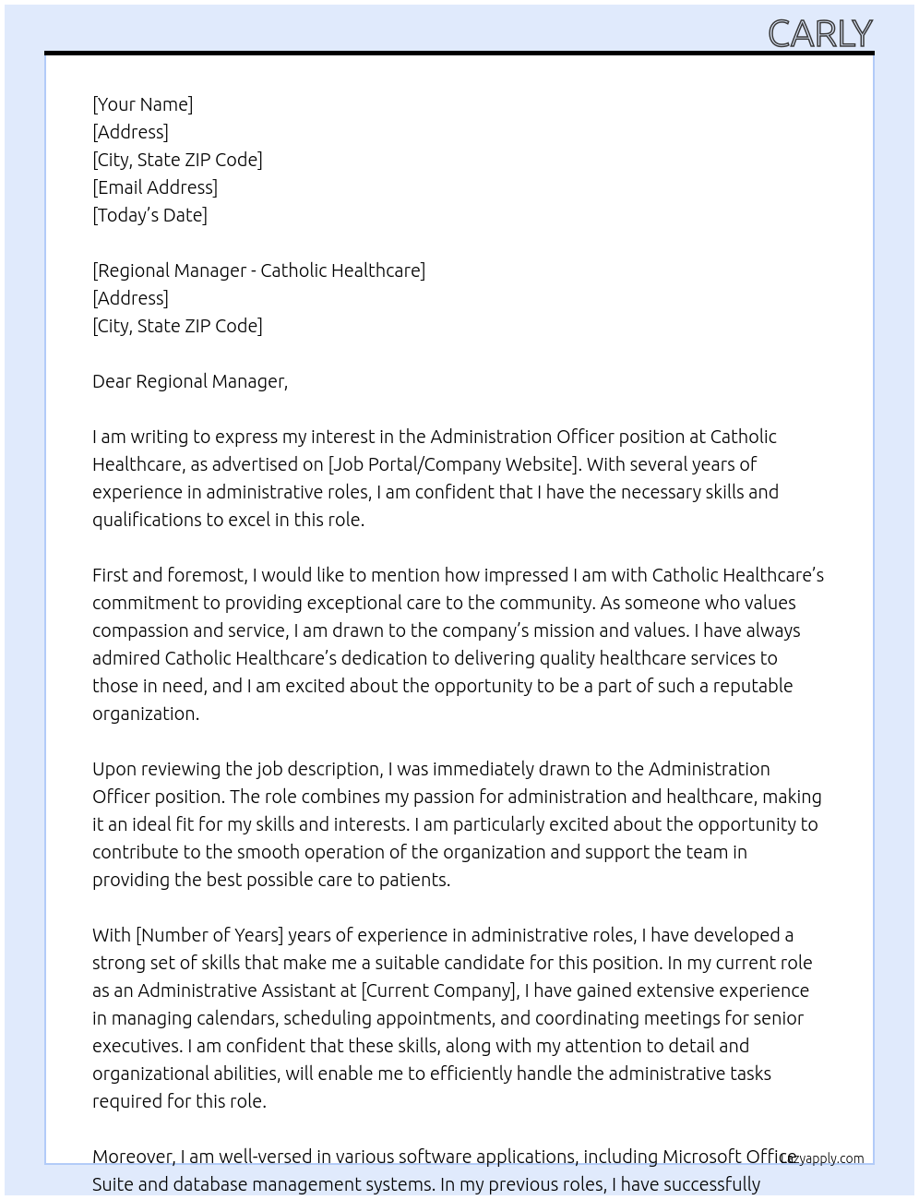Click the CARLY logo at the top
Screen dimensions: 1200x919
819,33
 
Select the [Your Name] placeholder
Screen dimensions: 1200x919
142,104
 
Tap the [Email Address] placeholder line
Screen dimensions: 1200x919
155,187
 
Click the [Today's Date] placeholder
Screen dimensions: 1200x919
149,215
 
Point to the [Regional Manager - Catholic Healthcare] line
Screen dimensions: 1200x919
258,270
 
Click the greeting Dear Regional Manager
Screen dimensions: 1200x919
190,381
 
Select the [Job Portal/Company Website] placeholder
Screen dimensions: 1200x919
453,464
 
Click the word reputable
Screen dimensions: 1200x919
750,686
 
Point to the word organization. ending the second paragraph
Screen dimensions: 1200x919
146,714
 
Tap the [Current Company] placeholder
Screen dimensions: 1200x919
438,990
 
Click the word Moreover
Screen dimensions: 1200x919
134,1157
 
